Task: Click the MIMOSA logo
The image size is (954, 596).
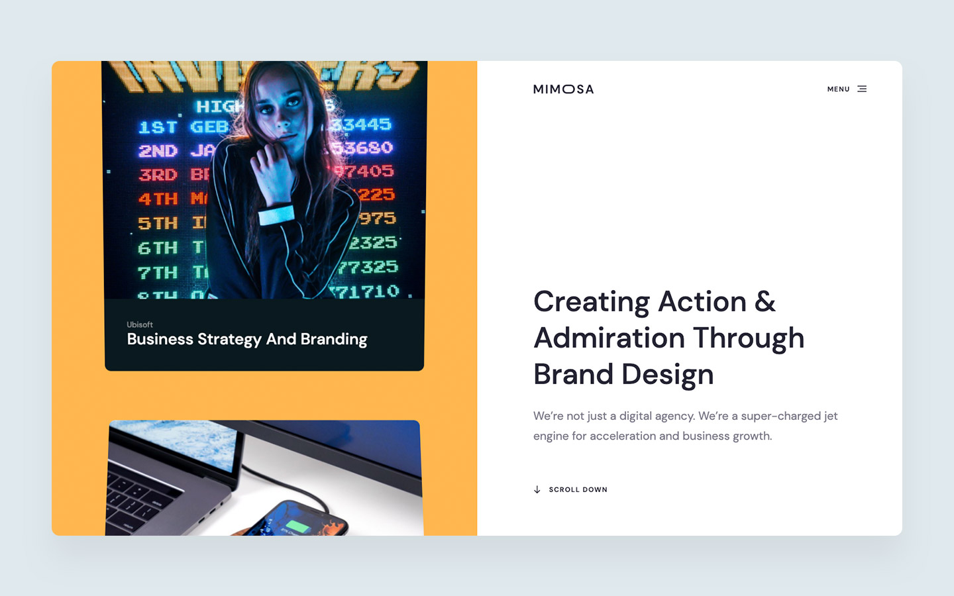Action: (563, 89)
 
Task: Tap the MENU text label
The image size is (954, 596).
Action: (838, 89)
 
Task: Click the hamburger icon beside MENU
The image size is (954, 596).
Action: (862, 89)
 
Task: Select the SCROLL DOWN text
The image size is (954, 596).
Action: (578, 490)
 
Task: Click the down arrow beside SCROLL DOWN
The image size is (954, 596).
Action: (537, 490)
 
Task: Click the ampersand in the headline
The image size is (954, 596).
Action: (765, 302)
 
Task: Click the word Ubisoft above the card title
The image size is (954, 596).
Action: (140, 324)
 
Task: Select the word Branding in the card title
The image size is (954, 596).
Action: (334, 339)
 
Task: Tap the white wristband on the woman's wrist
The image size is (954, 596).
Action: (276, 215)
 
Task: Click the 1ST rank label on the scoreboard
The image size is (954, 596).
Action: (158, 127)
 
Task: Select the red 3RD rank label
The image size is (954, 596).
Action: (158, 175)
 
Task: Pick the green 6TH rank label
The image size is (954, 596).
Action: (158, 248)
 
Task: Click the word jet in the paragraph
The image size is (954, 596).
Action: (831, 416)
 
